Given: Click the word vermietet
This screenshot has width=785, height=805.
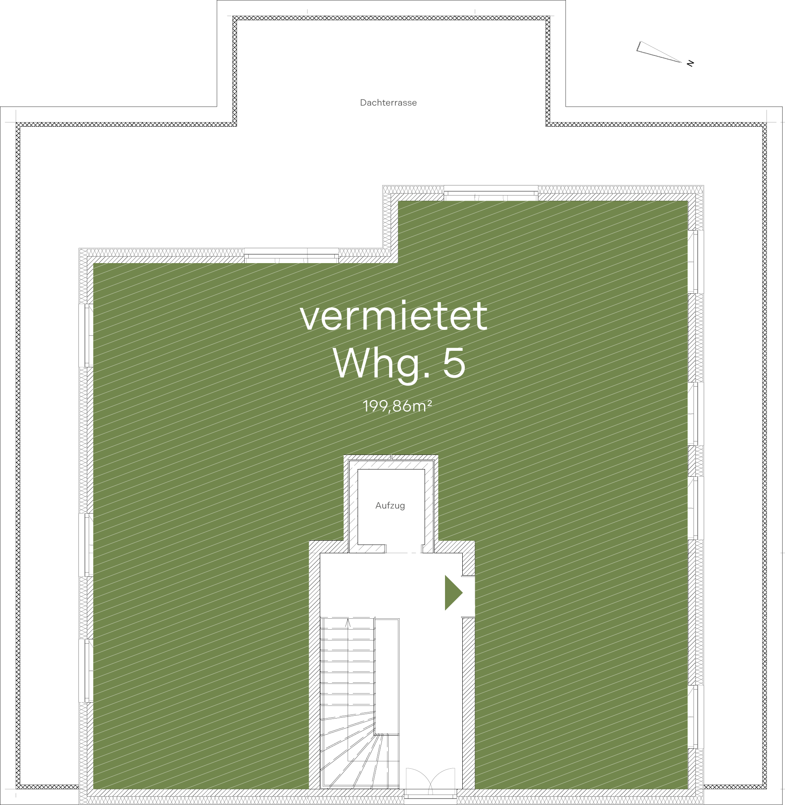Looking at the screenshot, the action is coord(394,316).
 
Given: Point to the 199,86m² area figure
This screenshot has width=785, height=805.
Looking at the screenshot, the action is coord(397,406).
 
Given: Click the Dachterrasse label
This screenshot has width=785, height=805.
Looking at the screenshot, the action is coord(388,103).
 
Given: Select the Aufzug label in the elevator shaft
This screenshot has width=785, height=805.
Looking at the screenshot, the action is coord(390,506).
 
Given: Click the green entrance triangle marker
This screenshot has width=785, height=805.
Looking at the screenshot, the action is coord(453,593).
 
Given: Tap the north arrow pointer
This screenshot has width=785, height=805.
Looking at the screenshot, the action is coord(658,52).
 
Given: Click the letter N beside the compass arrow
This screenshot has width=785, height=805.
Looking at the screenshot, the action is coord(690,63).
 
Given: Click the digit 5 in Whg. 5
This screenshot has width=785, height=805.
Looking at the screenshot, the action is coord(454,363).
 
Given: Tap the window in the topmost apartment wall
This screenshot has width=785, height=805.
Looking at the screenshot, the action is coord(491,194).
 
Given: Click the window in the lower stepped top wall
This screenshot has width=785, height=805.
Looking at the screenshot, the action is coord(291,256).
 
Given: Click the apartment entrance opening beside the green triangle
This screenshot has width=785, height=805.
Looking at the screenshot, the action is coord(468,596).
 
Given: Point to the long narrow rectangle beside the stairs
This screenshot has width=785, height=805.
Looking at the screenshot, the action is coord(387,676).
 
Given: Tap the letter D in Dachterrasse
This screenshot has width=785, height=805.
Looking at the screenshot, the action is coord(363,103).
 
